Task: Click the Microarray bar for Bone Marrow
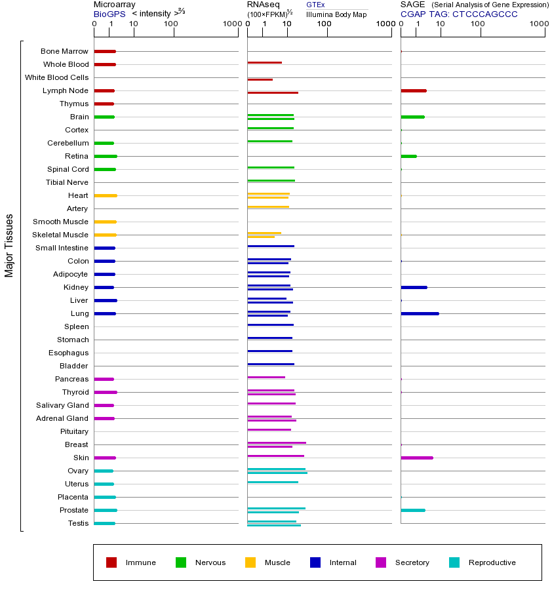tap(105, 51)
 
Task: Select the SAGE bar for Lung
tap(420, 313)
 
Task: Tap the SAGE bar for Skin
tap(417, 458)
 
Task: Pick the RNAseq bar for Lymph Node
tap(273, 92)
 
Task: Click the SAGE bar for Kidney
tap(414, 287)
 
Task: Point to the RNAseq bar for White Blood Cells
tap(260, 79)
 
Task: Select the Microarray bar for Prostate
tap(105, 510)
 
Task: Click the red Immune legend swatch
tap(111, 562)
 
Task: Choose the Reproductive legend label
tap(492, 562)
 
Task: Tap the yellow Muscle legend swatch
tap(250, 562)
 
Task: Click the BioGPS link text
tap(108, 13)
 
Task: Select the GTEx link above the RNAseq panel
tap(315, 5)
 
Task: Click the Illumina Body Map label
tap(336, 14)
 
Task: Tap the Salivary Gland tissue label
tap(63, 405)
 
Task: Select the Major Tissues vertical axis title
tap(9, 245)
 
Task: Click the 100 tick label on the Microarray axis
tap(171, 24)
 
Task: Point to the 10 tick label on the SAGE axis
tap(441, 24)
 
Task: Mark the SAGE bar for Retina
tap(408, 156)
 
